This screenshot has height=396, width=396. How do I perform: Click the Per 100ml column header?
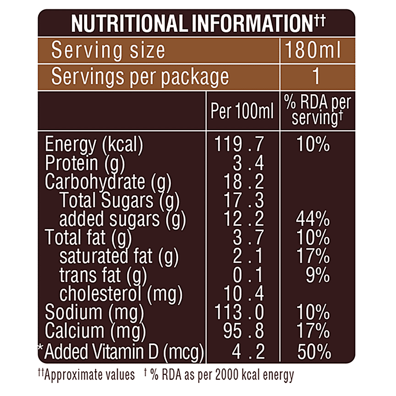(242, 112)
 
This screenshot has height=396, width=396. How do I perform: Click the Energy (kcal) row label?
(94, 144)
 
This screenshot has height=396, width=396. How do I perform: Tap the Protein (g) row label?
(85, 163)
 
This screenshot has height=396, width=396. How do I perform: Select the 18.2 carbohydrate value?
(245, 182)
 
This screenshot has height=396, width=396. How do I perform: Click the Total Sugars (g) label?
(119, 200)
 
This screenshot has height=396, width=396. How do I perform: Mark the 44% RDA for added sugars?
(313, 219)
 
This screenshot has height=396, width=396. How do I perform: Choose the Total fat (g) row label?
(88, 238)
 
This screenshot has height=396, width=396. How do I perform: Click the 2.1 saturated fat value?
(248, 256)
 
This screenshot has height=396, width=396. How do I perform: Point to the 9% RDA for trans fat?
(318, 275)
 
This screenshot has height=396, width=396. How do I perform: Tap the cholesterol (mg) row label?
(121, 293)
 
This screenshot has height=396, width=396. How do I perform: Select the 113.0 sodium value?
(239, 312)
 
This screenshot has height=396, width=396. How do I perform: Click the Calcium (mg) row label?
(95, 331)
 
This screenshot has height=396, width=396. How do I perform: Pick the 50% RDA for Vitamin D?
(314, 351)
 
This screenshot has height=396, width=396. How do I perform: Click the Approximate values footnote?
(86, 375)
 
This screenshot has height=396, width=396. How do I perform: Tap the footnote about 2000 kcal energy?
(220, 375)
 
